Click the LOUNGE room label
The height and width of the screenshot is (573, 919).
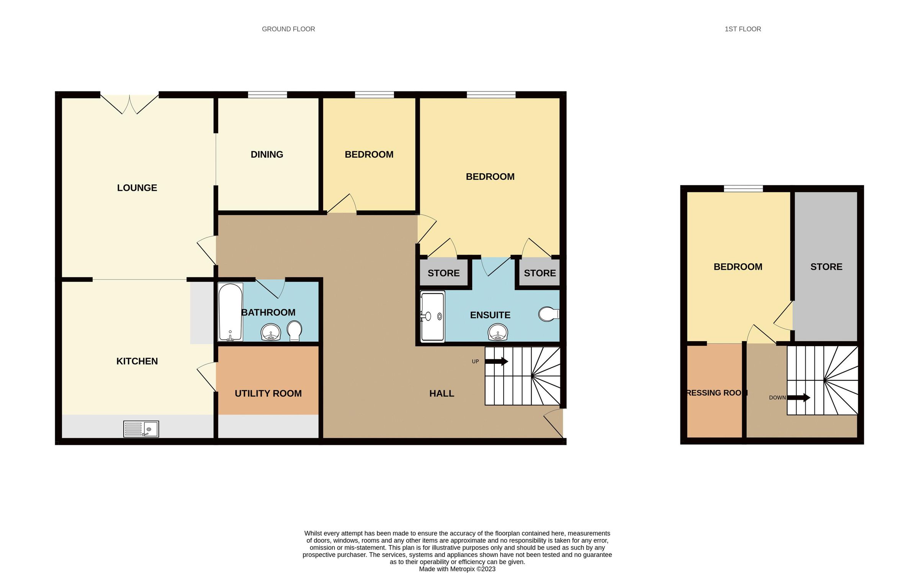[137, 188]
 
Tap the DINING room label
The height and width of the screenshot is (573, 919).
[267, 155]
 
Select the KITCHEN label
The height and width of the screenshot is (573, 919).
[137, 361]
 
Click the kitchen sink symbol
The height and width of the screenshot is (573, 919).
[141, 429]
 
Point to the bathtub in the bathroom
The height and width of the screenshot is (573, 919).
[230, 312]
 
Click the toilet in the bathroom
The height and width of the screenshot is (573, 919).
[294, 330]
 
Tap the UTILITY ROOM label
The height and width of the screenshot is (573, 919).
[268, 393]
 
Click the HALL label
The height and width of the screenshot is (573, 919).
[442, 393]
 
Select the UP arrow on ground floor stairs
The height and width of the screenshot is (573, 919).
[497, 361]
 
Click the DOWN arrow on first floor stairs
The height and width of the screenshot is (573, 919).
[799, 398]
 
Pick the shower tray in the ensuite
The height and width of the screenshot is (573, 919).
[433, 316]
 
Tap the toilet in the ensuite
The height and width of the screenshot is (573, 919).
[548, 314]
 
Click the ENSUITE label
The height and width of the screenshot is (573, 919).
[490, 315]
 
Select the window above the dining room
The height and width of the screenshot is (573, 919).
[267, 94]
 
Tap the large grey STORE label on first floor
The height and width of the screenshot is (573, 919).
[826, 267]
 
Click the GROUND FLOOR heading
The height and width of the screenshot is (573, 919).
[288, 29]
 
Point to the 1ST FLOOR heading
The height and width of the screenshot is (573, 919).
[742, 29]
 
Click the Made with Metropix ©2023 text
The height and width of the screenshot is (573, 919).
[457, 569]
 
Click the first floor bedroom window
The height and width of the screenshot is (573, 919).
[743, 188]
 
